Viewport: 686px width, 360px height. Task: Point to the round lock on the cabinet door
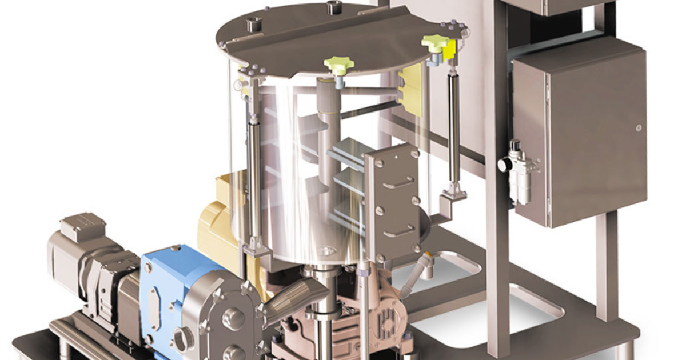click(638, 127)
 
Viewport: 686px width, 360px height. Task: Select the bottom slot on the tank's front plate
click(398, 233)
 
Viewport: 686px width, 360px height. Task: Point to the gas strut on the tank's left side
click(254, 171)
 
